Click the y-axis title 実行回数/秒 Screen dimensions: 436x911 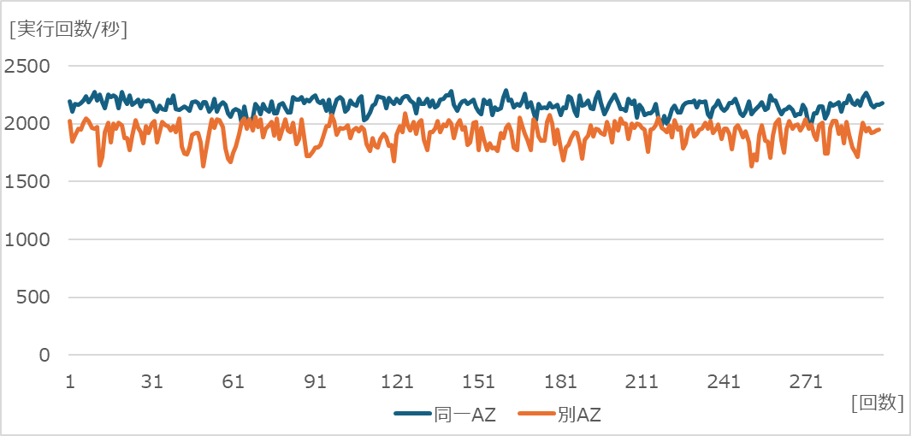[x=68, y=29]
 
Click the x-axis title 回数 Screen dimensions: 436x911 [x=878, y=404]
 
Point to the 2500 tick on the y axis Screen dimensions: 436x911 [x=27, y=66]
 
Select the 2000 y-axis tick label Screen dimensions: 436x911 [x=27, y=124]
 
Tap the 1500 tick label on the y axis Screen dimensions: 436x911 [x=27, y=181]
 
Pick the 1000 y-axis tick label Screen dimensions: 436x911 [x=27, y=239]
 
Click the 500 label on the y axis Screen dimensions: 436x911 [x=34, y=298]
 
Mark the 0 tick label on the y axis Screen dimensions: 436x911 [x=45, y=355]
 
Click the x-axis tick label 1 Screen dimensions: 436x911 [x=69, y=381]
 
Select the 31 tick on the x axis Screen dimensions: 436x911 [x=151, y=381]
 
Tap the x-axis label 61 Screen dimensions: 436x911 [x=234, y=381]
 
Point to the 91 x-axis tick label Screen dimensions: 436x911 [x=316, y=381]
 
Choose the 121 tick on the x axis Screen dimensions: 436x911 [x=398, y=381]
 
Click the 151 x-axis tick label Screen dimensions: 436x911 [x=479, y=381]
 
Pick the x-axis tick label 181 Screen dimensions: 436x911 [x=561, y=381]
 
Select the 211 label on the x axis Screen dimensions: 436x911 [x=642, y=381]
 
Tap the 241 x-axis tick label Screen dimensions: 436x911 [x=725, y=381]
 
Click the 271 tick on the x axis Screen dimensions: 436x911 [x=807, y=381]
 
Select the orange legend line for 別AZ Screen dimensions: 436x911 [x=536, y=415]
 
